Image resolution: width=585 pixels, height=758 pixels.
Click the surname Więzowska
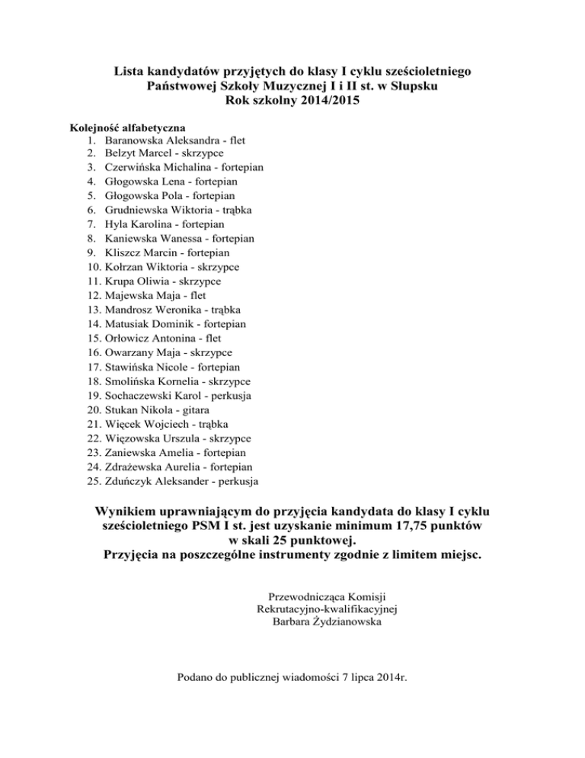click(134, 437)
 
